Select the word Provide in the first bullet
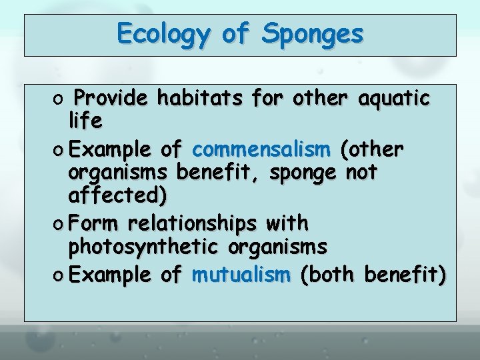click(112, 99)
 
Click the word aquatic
click(394, 99)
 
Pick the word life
click(85, 121)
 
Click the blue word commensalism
click(261, 148)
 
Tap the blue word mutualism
click(241, 274)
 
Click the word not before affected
click(362, 172)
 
